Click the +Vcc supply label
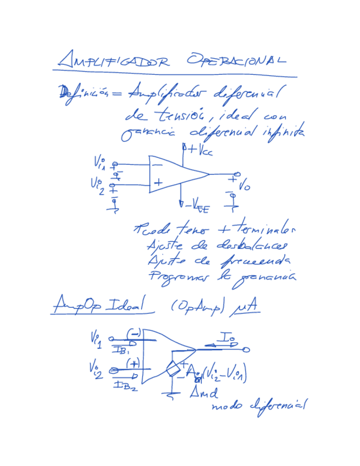click(x=195, y=149)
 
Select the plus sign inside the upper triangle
click(x=158, y=182)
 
